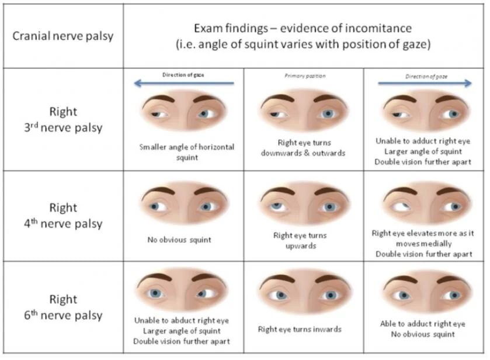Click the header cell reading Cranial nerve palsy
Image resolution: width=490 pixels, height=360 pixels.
click(x=63, y=36)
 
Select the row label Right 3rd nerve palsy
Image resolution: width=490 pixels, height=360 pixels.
click(x=63, y=119)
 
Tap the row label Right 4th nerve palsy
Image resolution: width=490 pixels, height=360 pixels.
click(x=63, y=215)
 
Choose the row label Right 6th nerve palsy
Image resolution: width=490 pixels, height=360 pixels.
click(x=63, y=307)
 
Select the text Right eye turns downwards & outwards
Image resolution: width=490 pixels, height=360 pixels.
click(x=304, y=147)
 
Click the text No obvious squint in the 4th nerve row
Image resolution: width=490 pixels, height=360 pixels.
click(x=179, y=240)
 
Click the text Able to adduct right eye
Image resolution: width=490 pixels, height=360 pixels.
click(x=423, y=324)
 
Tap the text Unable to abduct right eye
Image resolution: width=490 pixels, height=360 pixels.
click(x=182, y=320)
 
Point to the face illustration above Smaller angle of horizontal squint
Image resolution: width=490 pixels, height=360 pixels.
click(x=183, y=112)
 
